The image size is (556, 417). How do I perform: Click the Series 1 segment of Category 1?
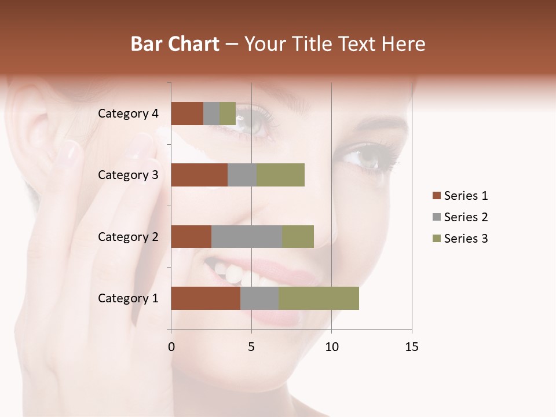point(206,298)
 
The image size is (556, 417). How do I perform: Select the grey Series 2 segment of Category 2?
point(247,236)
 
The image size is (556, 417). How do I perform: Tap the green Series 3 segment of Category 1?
point(319,298)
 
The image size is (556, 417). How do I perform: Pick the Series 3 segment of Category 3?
point(280,175)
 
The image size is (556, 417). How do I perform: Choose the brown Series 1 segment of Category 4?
point(187,114)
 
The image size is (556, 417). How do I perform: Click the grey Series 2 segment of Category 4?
point(211,114)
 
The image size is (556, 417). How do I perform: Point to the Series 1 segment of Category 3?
point(199,175)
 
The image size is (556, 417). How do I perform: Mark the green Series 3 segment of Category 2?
point(298,236)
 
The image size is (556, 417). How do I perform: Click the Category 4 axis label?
point(128,114)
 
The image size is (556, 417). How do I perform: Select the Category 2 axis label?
point(128,236)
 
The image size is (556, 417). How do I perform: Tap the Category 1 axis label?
point(128,298)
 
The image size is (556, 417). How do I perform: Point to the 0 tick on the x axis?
point(171,347)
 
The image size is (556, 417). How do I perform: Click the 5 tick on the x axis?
point(251,347)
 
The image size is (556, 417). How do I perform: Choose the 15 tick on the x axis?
point(411,347)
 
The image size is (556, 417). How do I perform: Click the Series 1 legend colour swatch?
point(436,196)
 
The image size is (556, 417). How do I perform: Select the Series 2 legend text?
point(466,217)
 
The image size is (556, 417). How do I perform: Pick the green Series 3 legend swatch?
point(436,239)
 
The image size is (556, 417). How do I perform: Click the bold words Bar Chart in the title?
point(174,44)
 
